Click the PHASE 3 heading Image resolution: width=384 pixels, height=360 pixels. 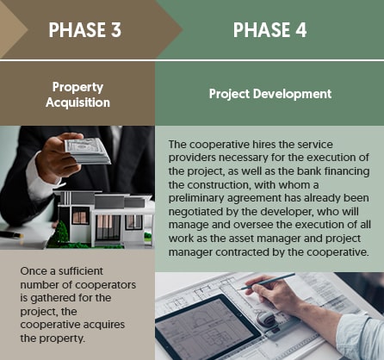(84, 31)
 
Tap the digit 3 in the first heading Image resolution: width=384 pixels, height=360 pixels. (115, 31)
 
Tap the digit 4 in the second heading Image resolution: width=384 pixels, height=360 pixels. (307, 31)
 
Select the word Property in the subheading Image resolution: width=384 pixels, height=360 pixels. (77, 87)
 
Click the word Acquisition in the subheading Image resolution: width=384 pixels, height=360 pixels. (77, 102)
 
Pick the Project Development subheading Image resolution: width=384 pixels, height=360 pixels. (270, 94)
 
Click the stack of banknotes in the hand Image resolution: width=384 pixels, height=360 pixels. (87, 150)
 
